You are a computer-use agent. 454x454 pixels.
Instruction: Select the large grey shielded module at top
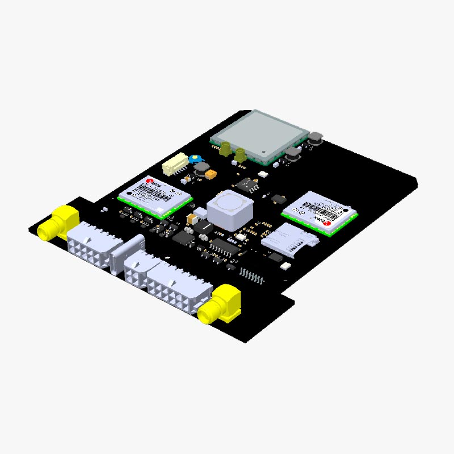[x=259, y=134]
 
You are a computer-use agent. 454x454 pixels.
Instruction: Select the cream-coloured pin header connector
[x=174, y=165]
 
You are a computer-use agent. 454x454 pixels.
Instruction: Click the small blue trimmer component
[x=195, y=159]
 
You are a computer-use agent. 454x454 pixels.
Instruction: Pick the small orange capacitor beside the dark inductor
[x=211, y=174]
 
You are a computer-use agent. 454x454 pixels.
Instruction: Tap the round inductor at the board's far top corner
[x=315, y=136]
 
